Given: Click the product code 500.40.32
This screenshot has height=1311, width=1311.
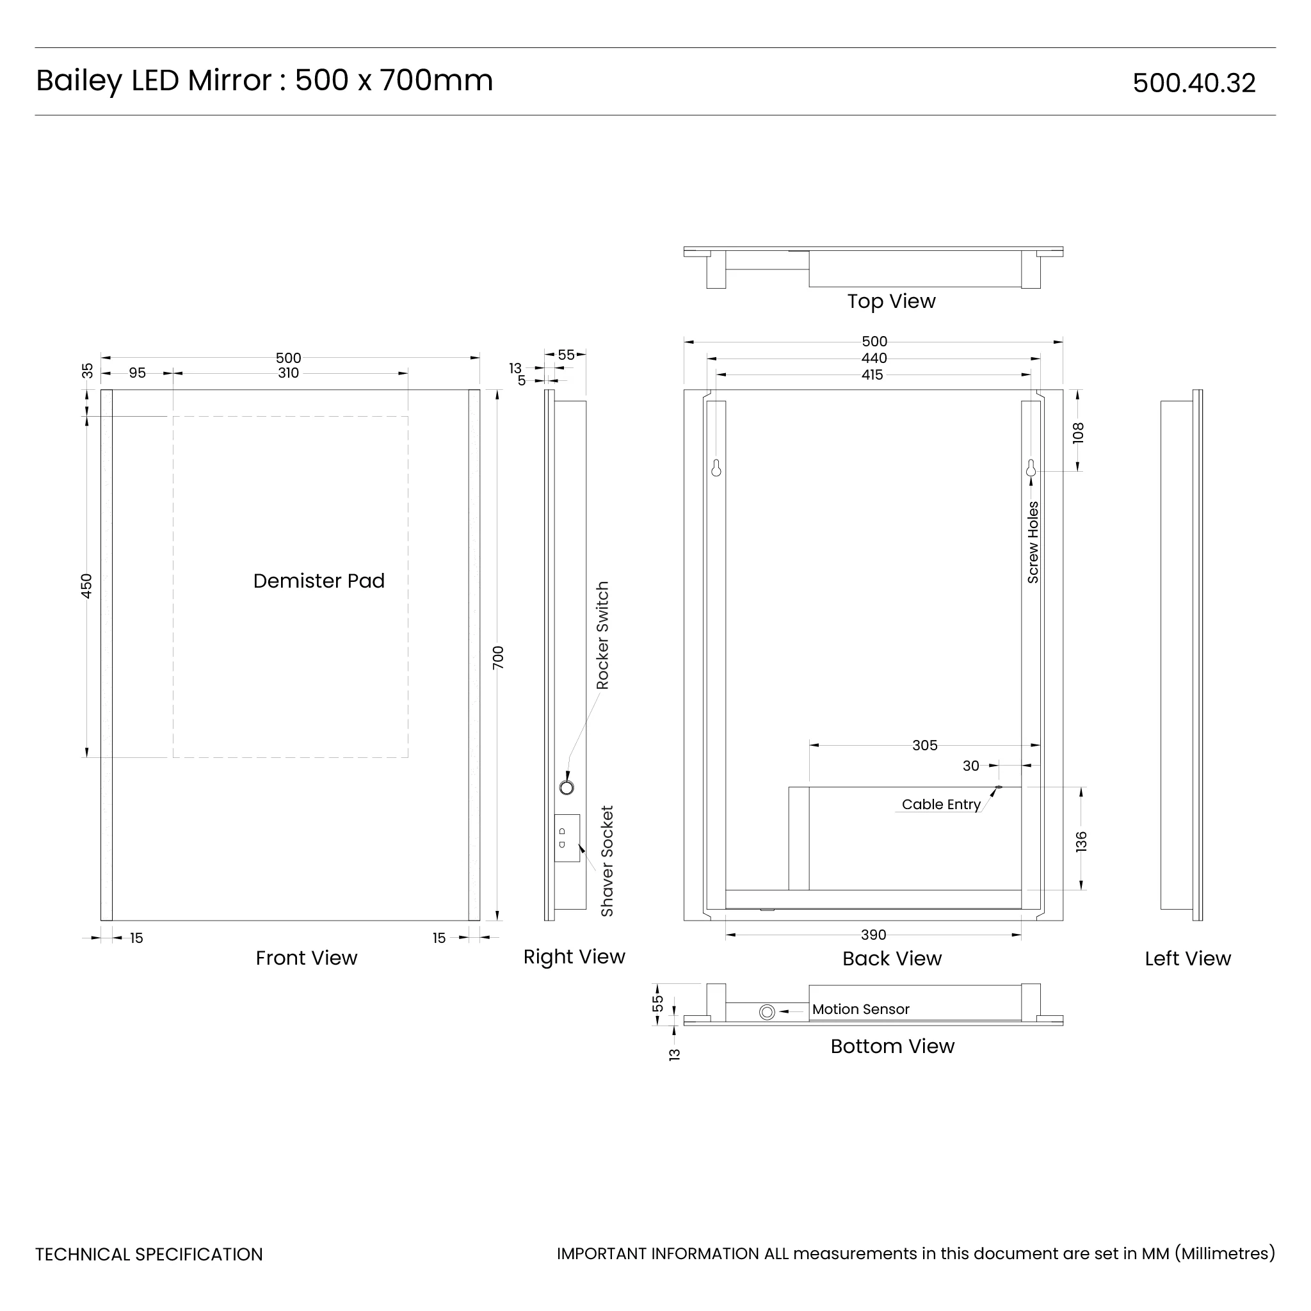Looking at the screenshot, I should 1194,83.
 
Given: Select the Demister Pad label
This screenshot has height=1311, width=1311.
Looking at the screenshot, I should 318,581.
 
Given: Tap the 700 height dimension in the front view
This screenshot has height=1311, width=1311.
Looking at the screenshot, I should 498,657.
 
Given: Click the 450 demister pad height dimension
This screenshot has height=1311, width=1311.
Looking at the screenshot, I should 86,586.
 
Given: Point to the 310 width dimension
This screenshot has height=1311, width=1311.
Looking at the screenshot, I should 289,373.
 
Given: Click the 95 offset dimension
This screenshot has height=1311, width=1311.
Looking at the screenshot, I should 137,373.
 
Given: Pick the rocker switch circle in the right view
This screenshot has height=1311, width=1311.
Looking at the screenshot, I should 567,787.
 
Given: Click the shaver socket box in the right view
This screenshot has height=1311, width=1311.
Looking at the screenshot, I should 567,838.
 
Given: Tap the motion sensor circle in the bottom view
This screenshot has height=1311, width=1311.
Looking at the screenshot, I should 767,1013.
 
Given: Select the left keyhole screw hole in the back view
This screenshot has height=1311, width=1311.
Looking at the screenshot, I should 716,468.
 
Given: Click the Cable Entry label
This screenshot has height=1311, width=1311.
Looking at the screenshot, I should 940,804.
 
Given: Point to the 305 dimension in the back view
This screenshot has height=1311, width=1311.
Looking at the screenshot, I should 924,745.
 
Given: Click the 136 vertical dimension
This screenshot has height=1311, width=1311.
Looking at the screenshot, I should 1082,841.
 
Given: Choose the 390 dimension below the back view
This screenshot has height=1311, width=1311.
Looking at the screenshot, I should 873,935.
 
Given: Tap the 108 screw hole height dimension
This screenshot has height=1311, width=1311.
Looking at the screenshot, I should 1078,432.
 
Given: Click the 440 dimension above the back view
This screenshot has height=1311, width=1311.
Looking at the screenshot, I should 874,358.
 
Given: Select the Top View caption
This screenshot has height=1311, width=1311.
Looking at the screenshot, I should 891,302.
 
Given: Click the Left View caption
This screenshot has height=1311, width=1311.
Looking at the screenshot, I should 1187,959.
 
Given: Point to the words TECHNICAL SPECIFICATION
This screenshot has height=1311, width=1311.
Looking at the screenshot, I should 149,1255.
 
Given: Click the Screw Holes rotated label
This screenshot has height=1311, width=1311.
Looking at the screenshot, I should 1033,542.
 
